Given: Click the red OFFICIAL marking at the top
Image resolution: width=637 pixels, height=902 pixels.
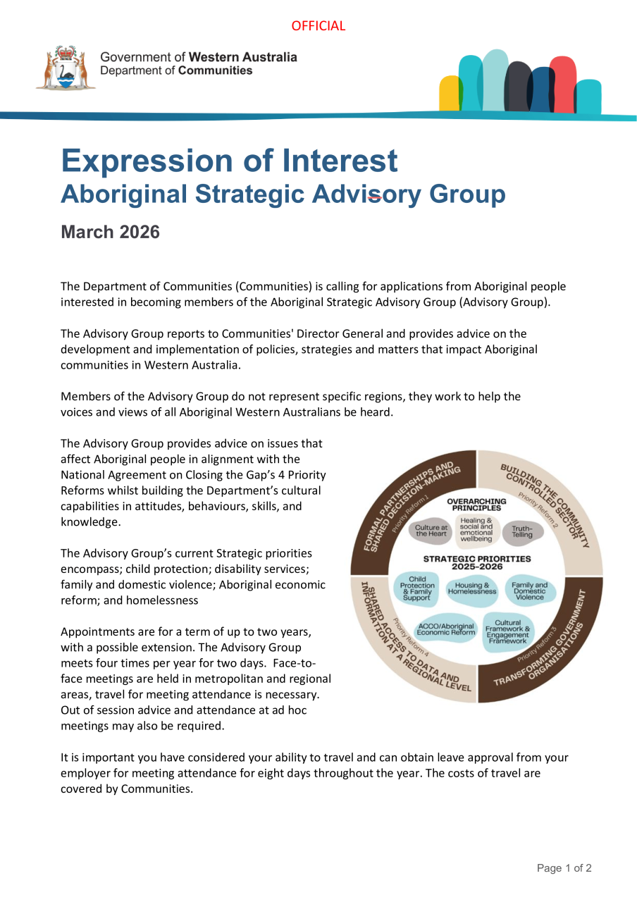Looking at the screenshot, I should coord(318,26).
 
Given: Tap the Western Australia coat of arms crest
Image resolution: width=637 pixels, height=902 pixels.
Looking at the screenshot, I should coord(66,68).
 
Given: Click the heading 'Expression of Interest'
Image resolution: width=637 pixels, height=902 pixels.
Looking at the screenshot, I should coord(229,161).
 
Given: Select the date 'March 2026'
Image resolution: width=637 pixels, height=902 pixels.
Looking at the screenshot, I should coord(110,232).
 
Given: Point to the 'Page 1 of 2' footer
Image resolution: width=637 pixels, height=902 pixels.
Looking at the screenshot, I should coord(564,868).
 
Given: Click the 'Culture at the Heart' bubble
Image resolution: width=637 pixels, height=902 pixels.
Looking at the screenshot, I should coord(431,531).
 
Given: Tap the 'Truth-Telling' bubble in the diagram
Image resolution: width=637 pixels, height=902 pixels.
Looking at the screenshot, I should coord(522,531).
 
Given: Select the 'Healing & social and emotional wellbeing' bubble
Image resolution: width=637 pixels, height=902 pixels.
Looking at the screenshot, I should coord(476,530).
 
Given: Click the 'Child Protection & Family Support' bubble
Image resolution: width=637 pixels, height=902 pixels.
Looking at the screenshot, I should coord(417,588).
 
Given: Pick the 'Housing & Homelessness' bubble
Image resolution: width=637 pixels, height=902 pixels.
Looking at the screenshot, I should coord(472,588).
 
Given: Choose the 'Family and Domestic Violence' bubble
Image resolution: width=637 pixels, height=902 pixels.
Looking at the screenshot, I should coord(529,591).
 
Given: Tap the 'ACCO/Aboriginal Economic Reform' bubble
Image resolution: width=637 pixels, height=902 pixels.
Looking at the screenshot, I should coord(446,629).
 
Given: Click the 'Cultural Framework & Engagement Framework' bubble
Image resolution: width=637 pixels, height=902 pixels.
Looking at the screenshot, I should coord(507,632).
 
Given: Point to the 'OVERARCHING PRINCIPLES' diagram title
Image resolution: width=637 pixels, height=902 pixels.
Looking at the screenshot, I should coord(476,505).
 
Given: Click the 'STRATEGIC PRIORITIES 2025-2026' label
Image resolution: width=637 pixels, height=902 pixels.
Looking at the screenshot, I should coord(476,562).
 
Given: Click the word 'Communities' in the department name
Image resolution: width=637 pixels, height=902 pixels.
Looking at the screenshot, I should coord(215,70).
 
